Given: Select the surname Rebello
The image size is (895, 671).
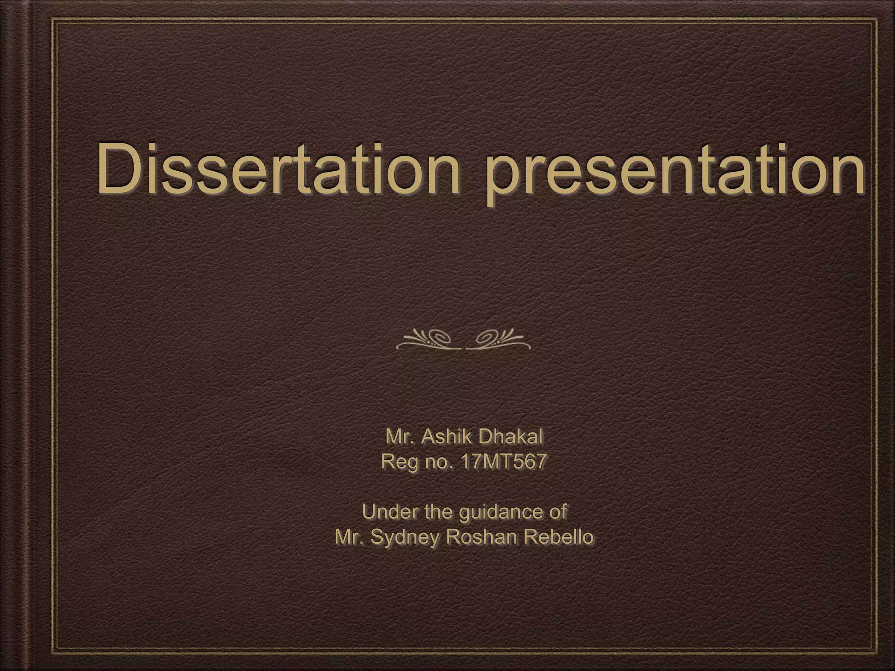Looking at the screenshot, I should click(560, 537).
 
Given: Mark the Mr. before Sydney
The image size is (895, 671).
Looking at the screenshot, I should click(349, 537).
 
